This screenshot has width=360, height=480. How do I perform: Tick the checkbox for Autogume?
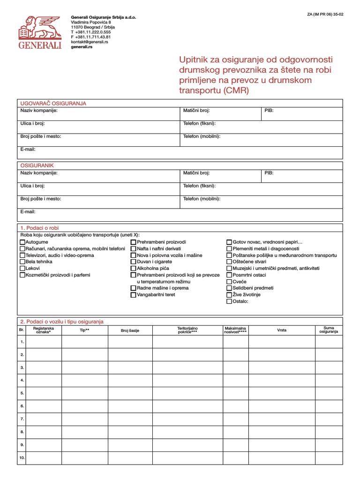click(x=22, y=242)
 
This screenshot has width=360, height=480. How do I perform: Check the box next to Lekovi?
click(x=22, y=269)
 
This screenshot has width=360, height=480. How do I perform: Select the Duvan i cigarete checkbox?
click(x=134, y=262)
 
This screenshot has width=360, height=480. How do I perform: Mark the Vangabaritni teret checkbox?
click(x=134, y=295)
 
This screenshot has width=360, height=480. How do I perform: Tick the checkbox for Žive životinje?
click(x=229, y=295)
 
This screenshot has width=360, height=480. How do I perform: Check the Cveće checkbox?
click(x=229, y=282)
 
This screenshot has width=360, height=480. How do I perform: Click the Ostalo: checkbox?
click(x=229, y=301)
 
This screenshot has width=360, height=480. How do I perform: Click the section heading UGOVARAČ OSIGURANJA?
click(x=52, y=103)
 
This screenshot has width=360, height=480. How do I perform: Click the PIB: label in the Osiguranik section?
click(x=269, y=173)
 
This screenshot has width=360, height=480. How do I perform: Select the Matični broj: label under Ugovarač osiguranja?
click(x=196, y=111)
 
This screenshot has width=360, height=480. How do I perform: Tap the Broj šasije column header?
click(x=130, y=330)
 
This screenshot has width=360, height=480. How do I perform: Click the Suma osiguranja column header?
click(x=329, y=330)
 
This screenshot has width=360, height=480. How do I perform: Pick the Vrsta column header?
click(x=282, y=330)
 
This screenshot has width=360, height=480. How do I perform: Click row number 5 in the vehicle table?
click(x=22, y=392)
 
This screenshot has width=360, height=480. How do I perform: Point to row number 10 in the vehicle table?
click(x=22, y=457)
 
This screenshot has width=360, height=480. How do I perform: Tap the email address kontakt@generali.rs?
click(x=90, y=42)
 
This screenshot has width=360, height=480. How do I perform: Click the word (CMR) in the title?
click(x=237, y=90)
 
